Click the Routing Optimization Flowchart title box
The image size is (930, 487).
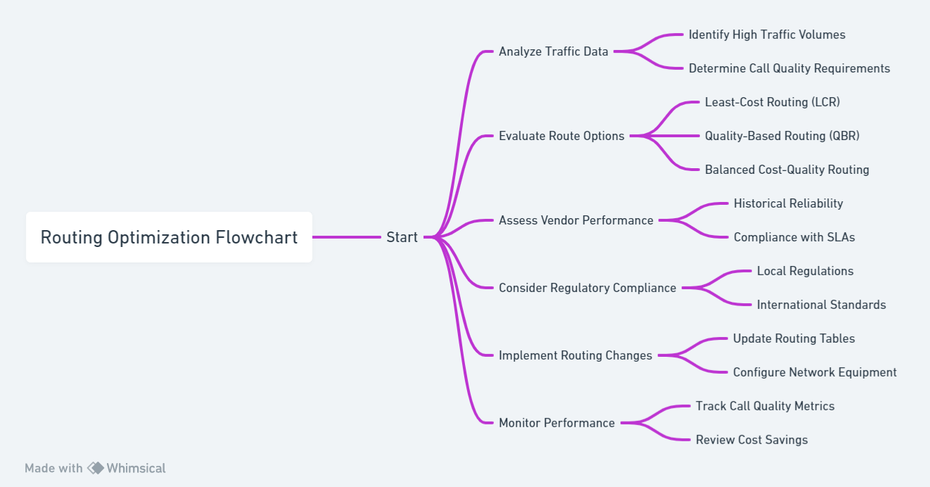tap(169, 237)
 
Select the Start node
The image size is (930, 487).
tap(402, 237)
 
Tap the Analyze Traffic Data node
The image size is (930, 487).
tap(554, 51)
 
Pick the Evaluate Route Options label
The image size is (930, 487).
tap(561, 136)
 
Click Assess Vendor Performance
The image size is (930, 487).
tap(576, 220)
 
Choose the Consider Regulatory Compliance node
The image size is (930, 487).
tap(587, 288)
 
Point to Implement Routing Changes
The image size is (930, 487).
tap(575, 355)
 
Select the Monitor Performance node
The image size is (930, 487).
tap(556, 423)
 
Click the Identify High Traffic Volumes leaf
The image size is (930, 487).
tap(767, 34)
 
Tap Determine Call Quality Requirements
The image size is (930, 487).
tap(789, 68)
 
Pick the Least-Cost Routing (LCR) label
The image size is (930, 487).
tap(772, 102)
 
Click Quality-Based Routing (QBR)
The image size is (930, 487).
tap(782, 136)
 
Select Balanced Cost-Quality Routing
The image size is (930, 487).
tap(786, 170)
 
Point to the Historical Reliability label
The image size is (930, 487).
tap(788, 203)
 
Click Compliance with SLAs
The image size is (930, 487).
tap(794, 237)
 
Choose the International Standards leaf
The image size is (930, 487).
tap(821, 305)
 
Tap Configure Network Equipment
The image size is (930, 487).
tap(815, 372)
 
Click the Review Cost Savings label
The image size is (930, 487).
tap(751, 440)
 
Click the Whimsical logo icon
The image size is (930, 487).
tap(96, 468)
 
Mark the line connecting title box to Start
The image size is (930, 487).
tap(347, 237)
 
